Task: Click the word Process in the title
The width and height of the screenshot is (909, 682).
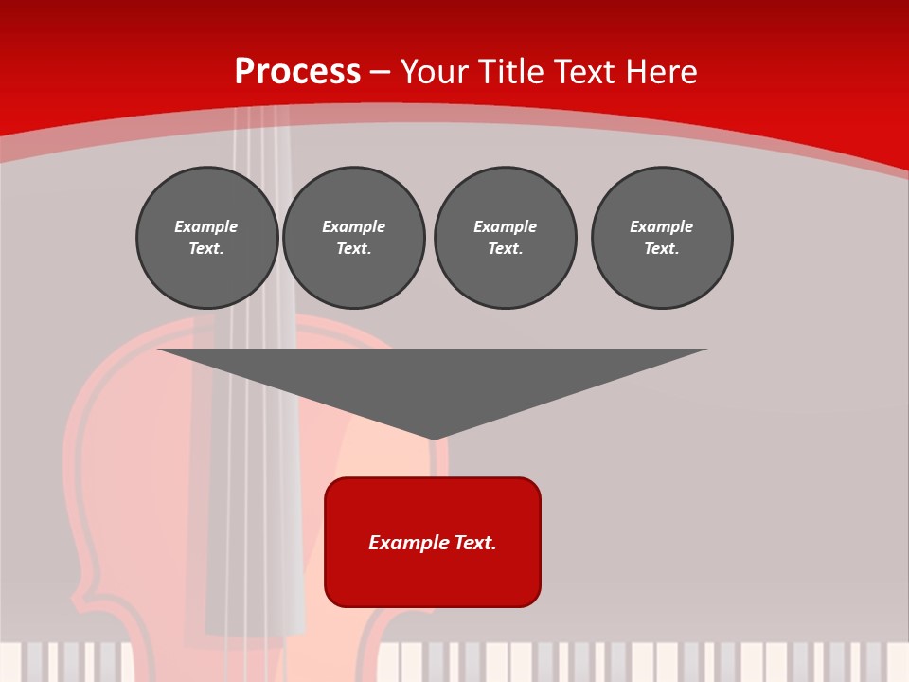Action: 297,72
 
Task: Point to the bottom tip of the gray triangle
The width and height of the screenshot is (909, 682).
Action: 433,438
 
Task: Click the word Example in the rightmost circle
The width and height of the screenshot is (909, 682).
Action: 662,226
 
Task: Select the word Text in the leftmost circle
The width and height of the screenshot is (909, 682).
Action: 205,249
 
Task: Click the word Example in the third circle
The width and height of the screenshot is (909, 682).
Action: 505,226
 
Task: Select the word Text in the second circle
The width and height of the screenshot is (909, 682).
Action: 353,249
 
